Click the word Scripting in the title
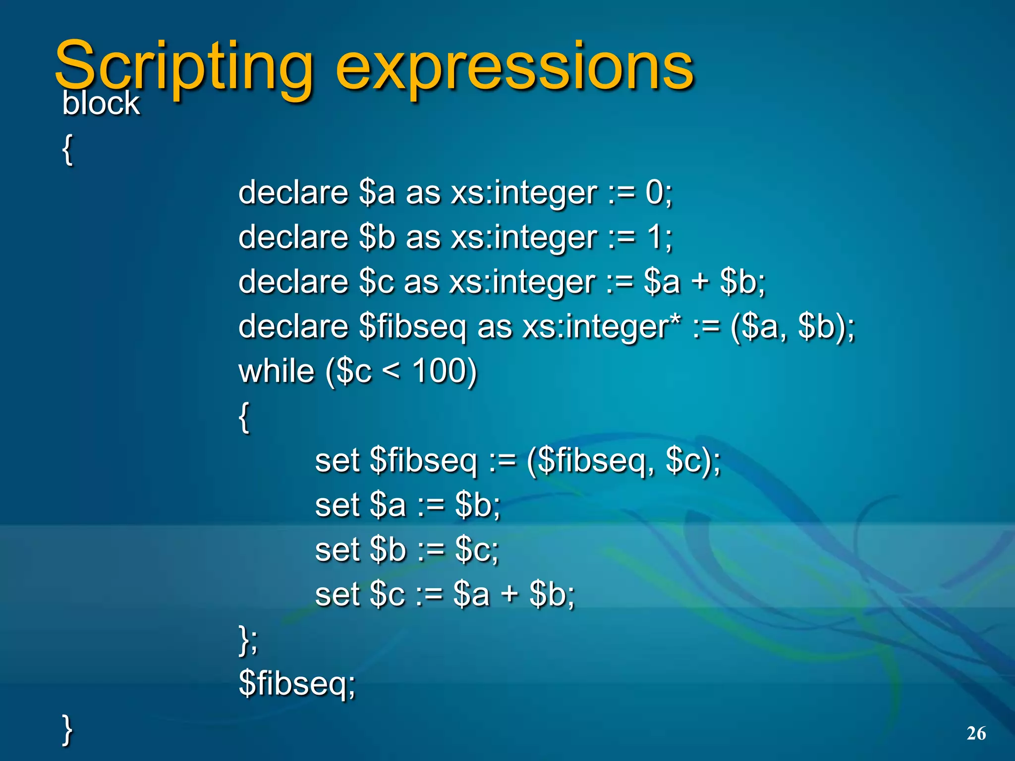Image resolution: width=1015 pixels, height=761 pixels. coord(183,67)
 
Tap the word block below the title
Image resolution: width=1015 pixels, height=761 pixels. coord(101,104)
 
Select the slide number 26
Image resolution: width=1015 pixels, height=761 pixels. coord(976,733)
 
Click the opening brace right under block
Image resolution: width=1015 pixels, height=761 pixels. coord(68,150)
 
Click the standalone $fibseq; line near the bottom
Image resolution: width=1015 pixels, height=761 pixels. coord(297,683)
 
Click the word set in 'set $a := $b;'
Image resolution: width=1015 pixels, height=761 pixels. coord(337,505)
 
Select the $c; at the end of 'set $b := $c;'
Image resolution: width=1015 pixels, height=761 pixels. coord(477,549)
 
